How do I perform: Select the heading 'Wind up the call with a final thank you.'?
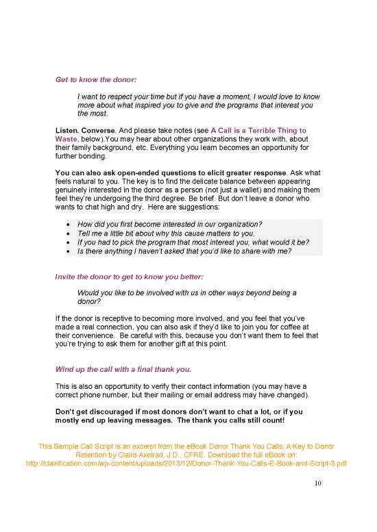(124, 370)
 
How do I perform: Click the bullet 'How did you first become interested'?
(171, 225)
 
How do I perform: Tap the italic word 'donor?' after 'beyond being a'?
(89, 301)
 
